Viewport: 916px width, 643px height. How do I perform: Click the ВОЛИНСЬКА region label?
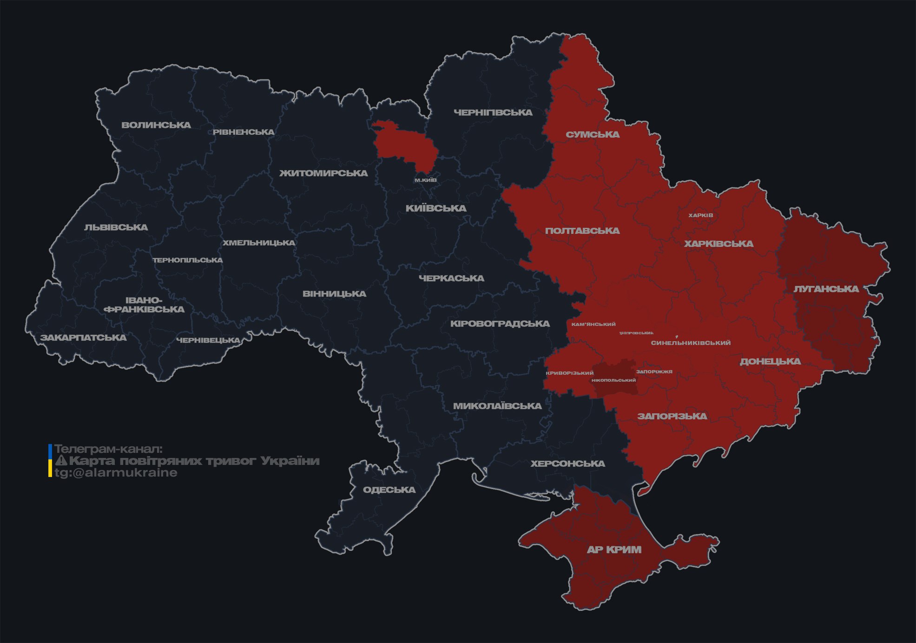click(156, 125)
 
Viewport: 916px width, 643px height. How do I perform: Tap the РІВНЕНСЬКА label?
click(244, 132)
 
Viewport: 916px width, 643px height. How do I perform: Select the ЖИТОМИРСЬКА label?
click(323, 173)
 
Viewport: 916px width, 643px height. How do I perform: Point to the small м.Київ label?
click(425, 180)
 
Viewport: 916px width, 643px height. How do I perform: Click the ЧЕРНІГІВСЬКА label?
click(493, 113)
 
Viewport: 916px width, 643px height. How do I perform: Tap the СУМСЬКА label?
click(593, 135)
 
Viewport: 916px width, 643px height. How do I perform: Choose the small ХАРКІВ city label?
click(700, 215)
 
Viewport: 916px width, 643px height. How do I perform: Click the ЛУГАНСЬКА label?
click(826, 289)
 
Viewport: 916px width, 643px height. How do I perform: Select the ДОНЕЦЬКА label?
click(770, 361)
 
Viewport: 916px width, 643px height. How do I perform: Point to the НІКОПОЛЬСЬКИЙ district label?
click(613, 380)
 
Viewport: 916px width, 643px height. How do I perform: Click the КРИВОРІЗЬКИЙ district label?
click(570, 373)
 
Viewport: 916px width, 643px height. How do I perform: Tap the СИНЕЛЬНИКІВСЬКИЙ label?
click(691, 343)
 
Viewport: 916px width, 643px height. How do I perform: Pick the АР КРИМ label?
click(614, 550)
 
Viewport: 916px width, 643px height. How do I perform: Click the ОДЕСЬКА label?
click(389, 490)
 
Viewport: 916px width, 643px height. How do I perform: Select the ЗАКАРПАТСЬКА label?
click(83, 338)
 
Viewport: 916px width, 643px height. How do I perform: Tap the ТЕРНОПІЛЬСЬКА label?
click(188, 260)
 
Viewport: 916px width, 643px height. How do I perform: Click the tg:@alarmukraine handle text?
click(116, 473)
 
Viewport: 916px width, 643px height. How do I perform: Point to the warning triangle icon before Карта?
click(61, 461)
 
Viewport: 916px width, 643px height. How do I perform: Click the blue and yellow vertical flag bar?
click(50, 461)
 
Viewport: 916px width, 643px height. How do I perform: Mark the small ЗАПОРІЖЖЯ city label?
click(654, 371)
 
